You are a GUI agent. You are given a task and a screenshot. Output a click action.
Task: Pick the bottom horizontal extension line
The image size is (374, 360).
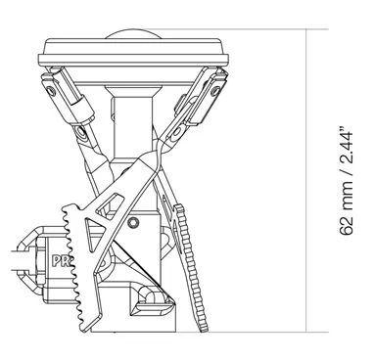point(284,330)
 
